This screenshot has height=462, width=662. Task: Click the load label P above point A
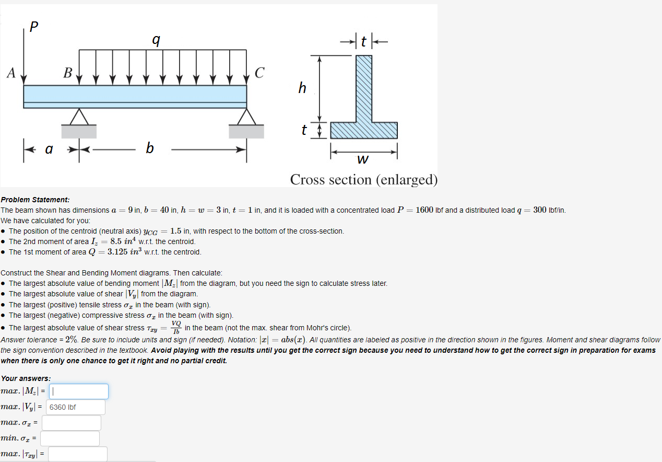click(34, 26)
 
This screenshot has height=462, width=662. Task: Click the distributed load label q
click(155, 39)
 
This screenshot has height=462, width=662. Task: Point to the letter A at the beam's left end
click(10, 73)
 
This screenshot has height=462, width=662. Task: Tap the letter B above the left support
click(67, 73)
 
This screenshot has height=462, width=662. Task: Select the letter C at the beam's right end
click(259, 73)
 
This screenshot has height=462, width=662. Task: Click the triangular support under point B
click(79, 117)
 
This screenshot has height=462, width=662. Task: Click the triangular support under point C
click(246, 117)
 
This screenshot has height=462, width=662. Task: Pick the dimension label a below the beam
click(49, 149)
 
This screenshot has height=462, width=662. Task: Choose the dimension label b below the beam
click(150, 149)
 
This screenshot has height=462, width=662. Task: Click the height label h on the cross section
click(302, 88)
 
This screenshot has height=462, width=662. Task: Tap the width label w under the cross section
click(363, 158)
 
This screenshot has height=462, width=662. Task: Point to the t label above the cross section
click(364, 41)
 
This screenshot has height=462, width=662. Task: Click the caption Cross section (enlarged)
click(364, 180)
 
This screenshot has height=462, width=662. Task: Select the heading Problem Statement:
click(35, 200)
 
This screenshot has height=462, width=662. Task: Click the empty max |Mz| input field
click(79, 391)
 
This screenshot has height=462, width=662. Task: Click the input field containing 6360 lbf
click(76, 407)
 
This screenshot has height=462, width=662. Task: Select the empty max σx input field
click(72, 423)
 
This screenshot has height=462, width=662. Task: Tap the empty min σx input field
click(70, 438)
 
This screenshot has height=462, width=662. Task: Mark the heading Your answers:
click(26, 378)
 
